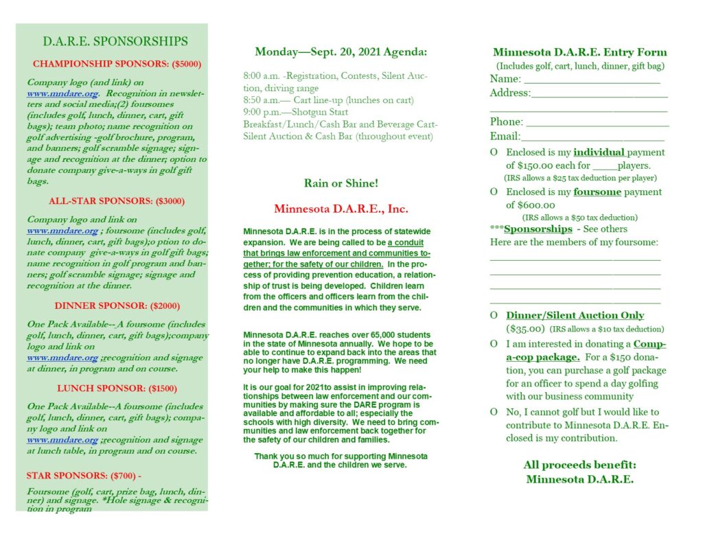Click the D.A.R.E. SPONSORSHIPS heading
click(115, 42)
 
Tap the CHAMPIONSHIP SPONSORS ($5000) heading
click(117, 64)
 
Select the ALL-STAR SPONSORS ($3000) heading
click(117, 201)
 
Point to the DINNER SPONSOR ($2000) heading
click(117, 305)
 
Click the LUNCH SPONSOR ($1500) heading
click(117, 388)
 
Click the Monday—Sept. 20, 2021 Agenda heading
click(341, 52)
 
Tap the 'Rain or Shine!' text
click(341, 183)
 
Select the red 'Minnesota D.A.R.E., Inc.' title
click(341, 209)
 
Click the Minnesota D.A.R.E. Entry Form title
click(579, 52)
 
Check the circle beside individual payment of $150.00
click(494, 152)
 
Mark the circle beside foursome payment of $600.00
click(494, 192)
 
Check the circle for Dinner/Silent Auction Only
click(494, 316)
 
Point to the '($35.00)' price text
click(525, 330)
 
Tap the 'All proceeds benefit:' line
click(579, 465)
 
